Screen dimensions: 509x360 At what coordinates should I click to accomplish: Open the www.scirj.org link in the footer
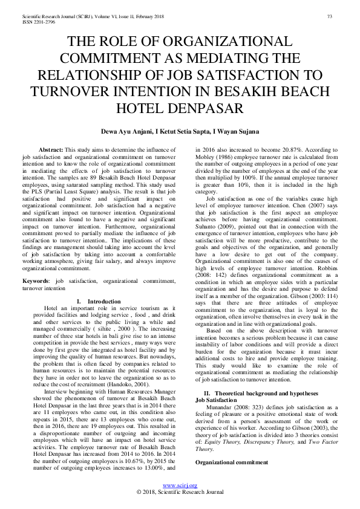[x=180, y=485]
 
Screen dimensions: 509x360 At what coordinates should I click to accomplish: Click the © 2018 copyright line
[x=180, y=492]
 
